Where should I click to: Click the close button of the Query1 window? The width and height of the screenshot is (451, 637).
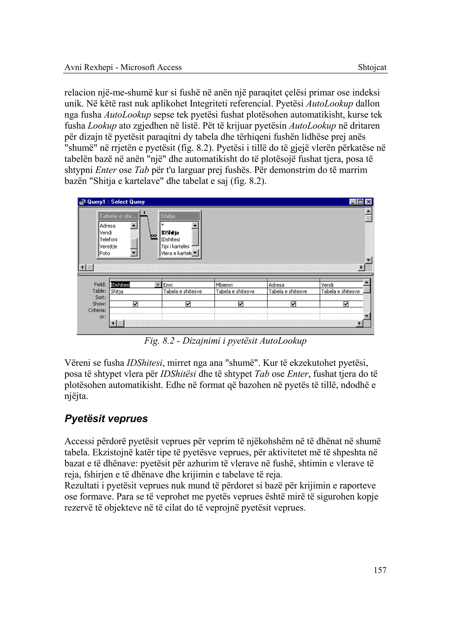coord(368,202)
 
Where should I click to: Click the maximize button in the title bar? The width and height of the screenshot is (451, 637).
coord(360,202)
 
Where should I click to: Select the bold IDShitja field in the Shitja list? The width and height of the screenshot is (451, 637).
coord(170,233)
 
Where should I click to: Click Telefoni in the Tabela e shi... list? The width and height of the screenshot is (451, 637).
coord(109,239)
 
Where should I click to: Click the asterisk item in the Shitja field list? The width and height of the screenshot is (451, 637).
coord(163,225)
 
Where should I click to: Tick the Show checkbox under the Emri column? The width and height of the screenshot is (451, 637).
coord(188,304)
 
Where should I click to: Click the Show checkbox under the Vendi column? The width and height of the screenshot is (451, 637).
coord(346,304)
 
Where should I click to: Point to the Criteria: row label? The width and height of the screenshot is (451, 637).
coord(97,310)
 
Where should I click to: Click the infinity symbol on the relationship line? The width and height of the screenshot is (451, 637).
coord(153,236)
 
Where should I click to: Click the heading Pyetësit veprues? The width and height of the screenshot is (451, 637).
coord(106,418)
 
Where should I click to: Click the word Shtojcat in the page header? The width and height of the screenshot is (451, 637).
coord(372,67)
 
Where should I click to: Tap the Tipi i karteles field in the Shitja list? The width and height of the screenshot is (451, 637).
coord(175,246)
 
